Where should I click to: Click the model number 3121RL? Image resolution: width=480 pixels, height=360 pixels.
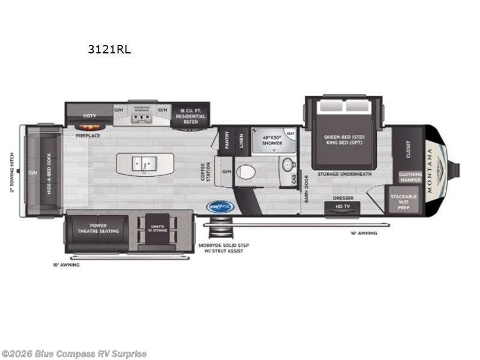109,50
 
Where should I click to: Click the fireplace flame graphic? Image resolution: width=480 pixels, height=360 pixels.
88,127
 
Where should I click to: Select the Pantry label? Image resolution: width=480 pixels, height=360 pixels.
227,140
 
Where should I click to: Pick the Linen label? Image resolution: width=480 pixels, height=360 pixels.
241,140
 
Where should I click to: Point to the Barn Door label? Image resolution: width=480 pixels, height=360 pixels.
306,189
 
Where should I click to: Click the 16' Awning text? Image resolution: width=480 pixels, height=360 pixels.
364,233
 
